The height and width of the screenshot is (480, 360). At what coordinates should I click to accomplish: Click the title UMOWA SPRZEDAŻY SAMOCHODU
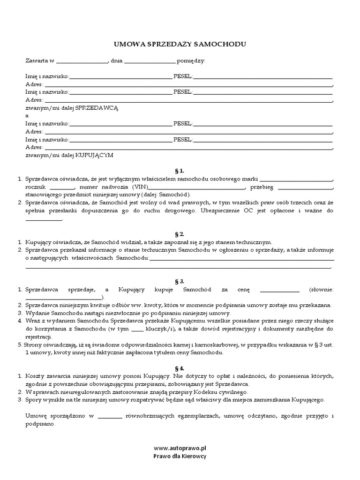point(180,44)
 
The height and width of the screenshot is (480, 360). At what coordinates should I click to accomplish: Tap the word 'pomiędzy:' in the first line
point(191,61)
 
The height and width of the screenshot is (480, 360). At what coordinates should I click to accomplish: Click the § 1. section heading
point(180,171)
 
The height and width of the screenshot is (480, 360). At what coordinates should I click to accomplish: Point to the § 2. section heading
point(180,233)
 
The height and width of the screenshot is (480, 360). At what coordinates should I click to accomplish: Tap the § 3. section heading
point(180,281)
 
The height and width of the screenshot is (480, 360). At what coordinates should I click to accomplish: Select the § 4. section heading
point(180,368)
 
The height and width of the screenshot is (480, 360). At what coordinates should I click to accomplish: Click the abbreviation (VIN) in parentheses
point(138,187)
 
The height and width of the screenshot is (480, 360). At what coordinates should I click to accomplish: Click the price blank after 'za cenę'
point(279,290)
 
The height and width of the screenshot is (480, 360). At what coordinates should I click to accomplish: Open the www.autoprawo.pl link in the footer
point(180,448)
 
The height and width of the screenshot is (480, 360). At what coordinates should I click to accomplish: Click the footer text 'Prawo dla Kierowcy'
point(180,456)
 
